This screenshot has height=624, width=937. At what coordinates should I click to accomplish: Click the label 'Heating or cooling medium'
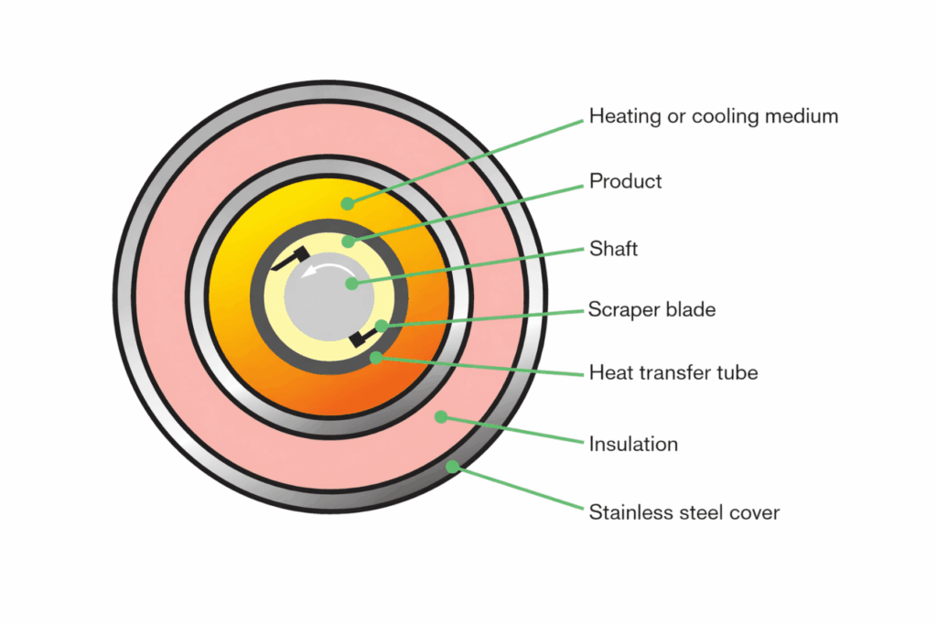point(713,117)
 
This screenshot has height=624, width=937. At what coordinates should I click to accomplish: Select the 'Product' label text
point(625,181)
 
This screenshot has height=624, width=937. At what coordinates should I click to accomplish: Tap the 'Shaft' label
point(612,247)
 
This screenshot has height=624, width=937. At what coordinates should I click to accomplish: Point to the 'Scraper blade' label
point(652,309)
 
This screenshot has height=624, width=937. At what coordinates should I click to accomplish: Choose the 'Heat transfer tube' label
point(673,373)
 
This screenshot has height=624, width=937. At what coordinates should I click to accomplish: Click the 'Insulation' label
point(633,445)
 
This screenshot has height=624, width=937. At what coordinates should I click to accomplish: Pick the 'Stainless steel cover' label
point(684,512)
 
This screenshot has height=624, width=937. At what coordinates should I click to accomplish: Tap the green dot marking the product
point(349,242)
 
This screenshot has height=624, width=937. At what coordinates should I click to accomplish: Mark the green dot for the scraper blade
point(380,325)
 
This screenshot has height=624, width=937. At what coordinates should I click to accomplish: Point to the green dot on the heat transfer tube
point(375,358)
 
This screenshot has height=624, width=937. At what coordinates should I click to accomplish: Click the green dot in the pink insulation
point(440,417)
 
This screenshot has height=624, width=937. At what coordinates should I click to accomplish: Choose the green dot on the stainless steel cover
point(452,466)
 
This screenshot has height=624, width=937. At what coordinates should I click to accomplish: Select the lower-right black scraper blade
point(361,339)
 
